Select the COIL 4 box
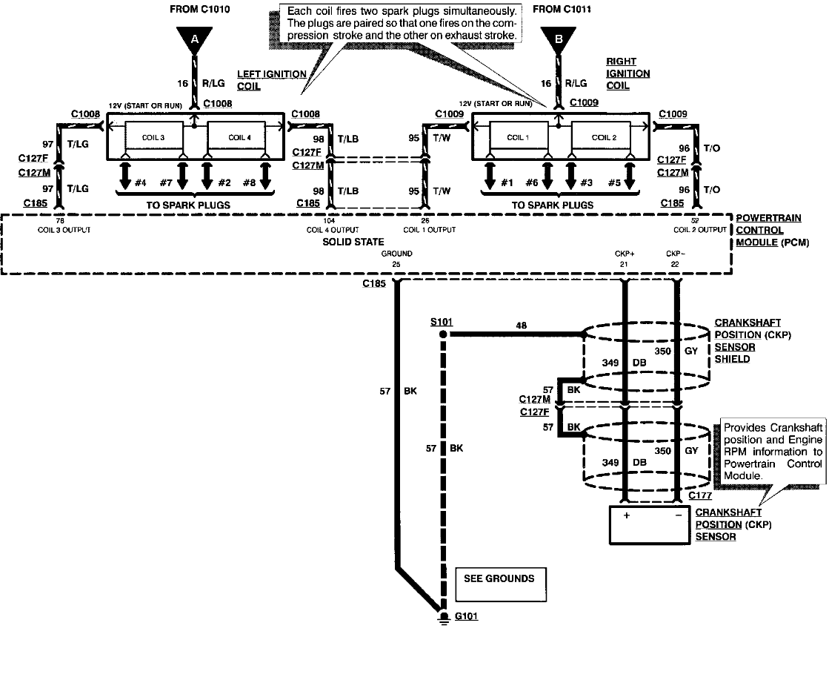click(x=237, y=137)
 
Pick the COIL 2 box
click(x=601, y=137)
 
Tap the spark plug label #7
click(x=165, y=182)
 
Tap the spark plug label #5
click(x=614, y=182)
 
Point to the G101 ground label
click(x=466, y=616)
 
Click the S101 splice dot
click(x=444, y=335)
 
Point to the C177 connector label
click(x=700, y=495)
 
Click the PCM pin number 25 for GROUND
click(x=396, y=264)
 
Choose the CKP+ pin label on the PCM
click(x=625, y=254)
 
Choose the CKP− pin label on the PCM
click(x=676, y=254)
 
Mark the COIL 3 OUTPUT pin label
click(x=65, y=230)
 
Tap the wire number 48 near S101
click(x=521, y=326)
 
